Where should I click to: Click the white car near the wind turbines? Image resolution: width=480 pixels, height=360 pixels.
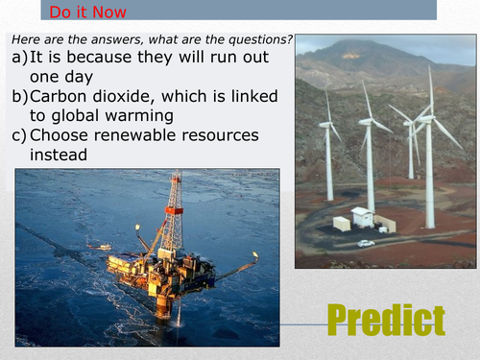coord(366,243)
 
